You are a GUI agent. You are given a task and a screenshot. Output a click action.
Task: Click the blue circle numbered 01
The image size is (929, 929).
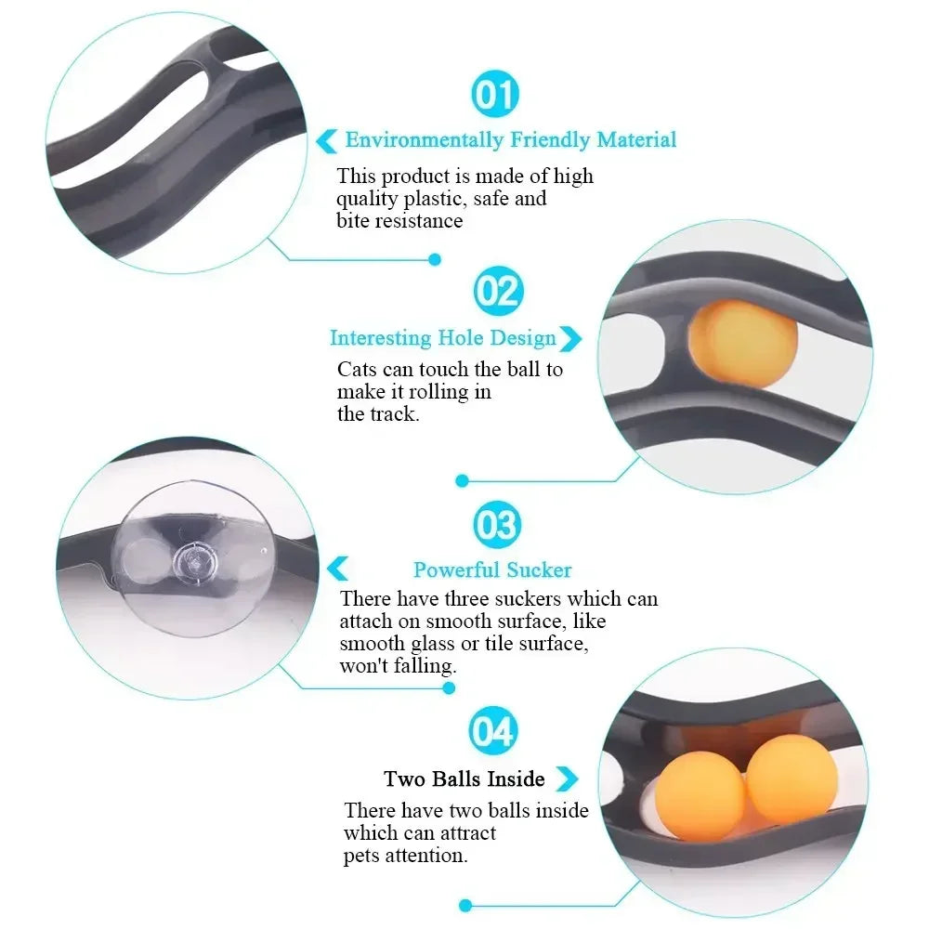point(495,94)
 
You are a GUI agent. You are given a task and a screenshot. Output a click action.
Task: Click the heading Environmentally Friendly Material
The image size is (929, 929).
point(510,140)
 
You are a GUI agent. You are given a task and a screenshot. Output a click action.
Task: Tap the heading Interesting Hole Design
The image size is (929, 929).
point(442,338)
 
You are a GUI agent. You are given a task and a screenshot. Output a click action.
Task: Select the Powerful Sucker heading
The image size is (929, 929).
point(492,570)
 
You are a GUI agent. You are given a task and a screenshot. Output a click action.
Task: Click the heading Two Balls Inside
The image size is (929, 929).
point(464,779)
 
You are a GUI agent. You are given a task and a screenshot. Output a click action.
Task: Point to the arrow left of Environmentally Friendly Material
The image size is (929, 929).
point(326,141)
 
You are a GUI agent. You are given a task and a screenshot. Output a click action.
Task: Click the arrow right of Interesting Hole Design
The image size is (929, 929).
point(570,338)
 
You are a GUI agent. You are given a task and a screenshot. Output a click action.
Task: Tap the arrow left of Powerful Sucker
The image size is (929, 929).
point(338,569)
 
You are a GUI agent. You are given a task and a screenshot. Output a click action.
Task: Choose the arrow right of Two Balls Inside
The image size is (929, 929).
point(566,779)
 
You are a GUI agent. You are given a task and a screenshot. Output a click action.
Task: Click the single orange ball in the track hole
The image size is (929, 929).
point(743,344)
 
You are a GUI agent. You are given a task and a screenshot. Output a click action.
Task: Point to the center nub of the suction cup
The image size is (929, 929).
point(193,561)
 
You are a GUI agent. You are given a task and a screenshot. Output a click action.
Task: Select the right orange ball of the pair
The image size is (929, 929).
point(792,779)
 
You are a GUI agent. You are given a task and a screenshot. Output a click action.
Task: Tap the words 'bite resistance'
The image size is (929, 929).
point(399,221)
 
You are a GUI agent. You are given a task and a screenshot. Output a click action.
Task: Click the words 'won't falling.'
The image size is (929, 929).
point(398,666)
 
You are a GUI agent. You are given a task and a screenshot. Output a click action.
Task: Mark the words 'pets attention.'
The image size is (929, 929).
point(405,856)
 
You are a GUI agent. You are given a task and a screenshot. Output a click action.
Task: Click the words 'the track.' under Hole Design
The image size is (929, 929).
point(378,414)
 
